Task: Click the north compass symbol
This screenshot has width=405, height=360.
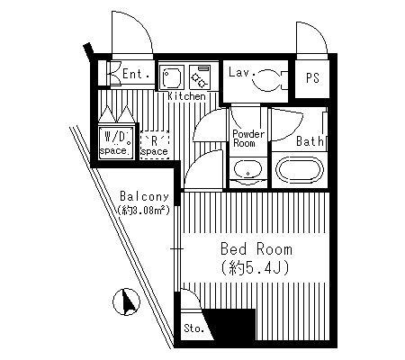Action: [126, 301]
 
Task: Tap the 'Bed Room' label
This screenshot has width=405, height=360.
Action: [256, 249]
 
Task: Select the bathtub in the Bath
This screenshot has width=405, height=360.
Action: [300, 170]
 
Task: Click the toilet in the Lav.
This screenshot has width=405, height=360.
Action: [271, 80]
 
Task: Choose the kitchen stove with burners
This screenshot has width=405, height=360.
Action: [201, 77]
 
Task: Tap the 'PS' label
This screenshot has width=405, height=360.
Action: [312, 78]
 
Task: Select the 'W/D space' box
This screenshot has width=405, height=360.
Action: [116, 143]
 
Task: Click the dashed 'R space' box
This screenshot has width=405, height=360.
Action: [155, 145]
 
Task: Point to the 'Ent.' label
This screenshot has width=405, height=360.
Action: [137, 74]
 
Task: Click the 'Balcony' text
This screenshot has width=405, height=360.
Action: [144, 196]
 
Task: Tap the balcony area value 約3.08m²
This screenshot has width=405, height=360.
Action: [144, 210]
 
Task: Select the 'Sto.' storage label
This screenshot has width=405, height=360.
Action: [193, 328]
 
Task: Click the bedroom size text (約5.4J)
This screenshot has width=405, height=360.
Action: [256, 267]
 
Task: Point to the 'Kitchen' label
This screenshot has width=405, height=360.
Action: [186, 96]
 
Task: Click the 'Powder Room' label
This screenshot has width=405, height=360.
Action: [248, 139]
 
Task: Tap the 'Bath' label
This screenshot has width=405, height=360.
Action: [310, 141]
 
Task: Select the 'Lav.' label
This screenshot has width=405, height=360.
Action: [242, 72]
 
